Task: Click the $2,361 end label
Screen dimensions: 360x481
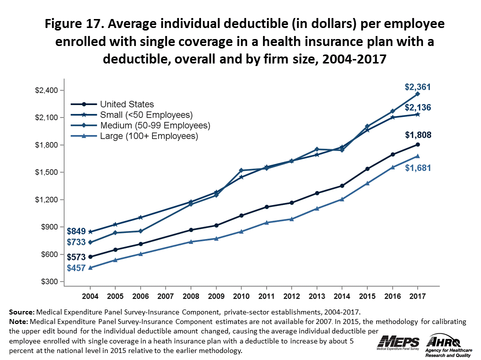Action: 418,87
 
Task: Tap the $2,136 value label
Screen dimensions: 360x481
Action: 418,107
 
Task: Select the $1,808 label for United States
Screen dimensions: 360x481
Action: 418,135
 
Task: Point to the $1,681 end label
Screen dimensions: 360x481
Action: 418,168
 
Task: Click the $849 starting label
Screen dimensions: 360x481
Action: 76,231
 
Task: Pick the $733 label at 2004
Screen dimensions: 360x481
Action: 76,242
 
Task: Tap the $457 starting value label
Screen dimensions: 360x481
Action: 76,268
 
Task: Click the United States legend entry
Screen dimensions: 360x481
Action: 127,104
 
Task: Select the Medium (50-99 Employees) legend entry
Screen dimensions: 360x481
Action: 155,125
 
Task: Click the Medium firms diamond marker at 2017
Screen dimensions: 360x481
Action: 417,94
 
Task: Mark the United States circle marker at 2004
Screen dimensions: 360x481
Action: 90,257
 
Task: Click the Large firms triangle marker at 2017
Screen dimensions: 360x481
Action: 417,156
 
